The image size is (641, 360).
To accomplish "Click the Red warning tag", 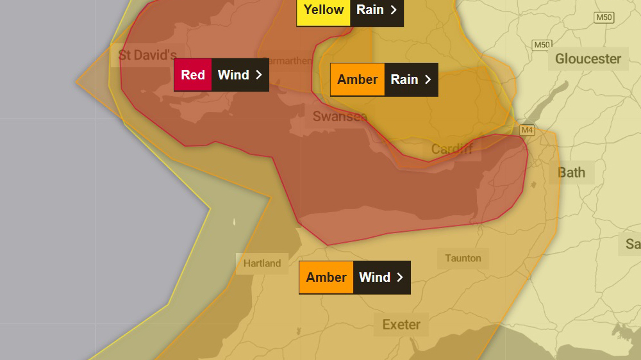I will [x=192, y=75].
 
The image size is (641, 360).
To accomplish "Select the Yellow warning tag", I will [x=323, y=10].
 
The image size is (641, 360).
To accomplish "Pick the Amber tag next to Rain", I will [x=357, y=79].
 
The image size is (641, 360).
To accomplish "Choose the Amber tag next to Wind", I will [x=326, y=277].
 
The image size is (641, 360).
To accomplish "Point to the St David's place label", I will [x=147, y=55].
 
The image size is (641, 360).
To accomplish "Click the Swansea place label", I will [x=340, y=116].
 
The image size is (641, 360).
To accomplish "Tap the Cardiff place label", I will [x=452, y=149].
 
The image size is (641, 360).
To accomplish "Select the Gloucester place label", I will [x=588, y=59].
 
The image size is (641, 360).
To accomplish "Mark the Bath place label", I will [x=571, y=172].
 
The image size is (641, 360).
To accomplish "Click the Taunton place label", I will [x=463, y=258].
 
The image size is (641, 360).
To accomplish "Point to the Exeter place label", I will [x=401, y=325].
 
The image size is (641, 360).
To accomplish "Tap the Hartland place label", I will [x=262, y=263].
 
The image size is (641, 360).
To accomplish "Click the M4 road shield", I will [x=527, y=130].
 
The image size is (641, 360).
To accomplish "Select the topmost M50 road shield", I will [x=603, y=17].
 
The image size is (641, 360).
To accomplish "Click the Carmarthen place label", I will [x=288, y=61].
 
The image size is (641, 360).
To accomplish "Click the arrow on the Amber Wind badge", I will [x=400, y=277].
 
